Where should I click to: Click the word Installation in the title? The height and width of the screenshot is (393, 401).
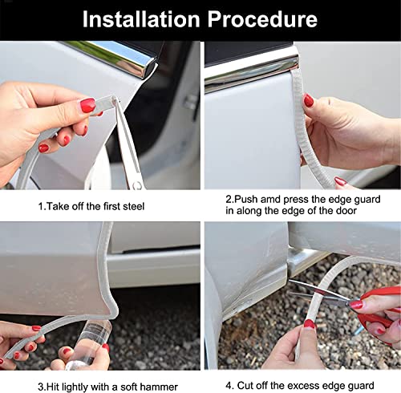click(x=141, y=19)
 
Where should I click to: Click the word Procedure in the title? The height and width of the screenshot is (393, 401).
click(x=262, y=19)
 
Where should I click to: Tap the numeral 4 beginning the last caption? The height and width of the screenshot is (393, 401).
click(x=229, y=386)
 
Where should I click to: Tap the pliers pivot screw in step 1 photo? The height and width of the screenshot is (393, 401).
click(x=137, y=184)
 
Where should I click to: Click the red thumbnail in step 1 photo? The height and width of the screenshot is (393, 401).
click(x=88, y=105)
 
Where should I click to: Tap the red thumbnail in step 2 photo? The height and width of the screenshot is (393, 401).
click(x=309, y=100)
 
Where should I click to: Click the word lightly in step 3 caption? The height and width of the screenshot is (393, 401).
click(x=75, y=387)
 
